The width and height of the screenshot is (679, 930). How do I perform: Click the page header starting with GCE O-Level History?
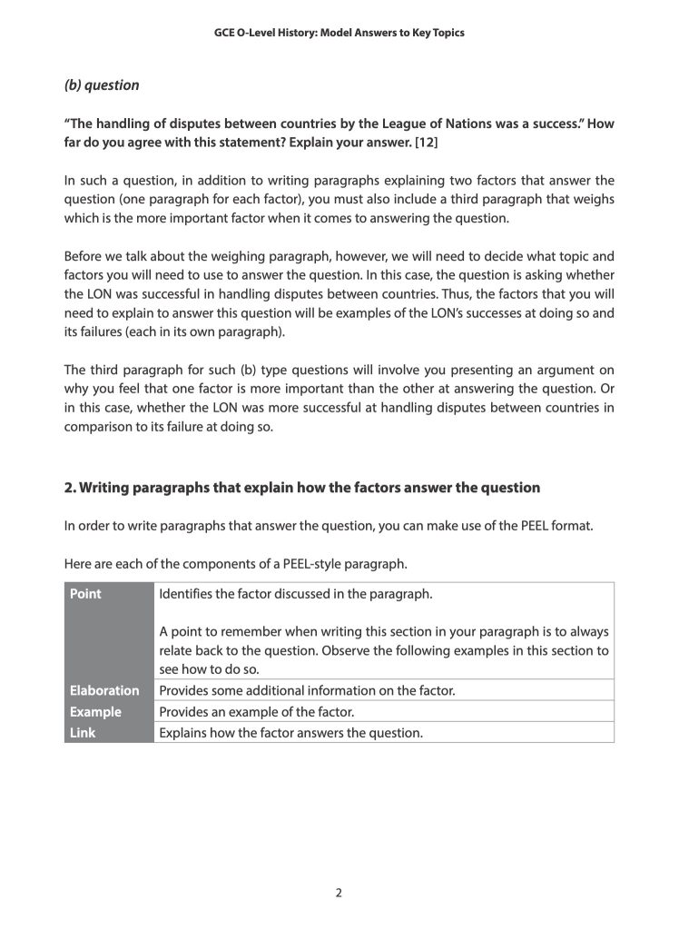pos(339,33)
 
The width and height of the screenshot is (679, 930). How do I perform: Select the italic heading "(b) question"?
pos(102,85)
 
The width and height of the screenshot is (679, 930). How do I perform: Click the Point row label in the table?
pos(85,594)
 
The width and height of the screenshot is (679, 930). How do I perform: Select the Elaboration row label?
pos(104,690)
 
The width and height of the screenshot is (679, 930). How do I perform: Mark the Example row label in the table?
pos(95,711)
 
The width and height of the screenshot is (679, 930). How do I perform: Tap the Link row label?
pos(83,732)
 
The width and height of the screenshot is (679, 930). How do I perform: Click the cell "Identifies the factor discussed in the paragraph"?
pos(295,594)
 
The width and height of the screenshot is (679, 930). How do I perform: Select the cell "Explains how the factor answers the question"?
pos(290,732)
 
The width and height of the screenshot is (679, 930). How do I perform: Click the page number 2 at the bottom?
pos(339,893)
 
